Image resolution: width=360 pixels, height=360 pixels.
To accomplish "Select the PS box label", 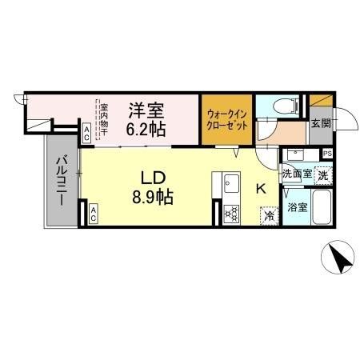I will click(328, 154).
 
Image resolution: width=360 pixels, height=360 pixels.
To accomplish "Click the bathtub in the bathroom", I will click(322, 209).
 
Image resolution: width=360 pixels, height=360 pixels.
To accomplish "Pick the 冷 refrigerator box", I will click(269, 214).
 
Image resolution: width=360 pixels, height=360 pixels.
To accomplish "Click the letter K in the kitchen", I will click(260, 189).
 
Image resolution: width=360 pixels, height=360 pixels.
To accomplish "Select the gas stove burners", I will click(232, 213).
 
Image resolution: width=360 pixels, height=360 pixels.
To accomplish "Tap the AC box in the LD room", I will click(93, 213).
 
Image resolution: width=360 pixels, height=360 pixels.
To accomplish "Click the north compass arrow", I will click(339, 259).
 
